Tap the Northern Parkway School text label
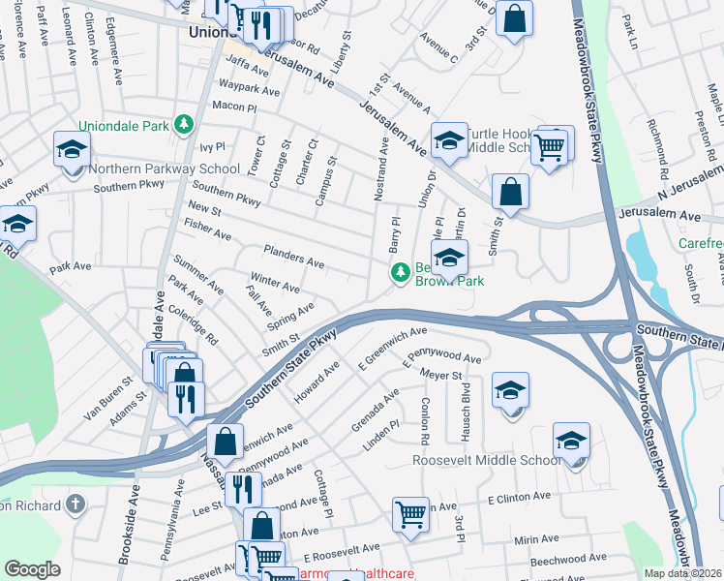point(164,168)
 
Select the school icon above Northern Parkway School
point(72,150)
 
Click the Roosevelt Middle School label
point(486,460)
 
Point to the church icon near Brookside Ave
point(75,505)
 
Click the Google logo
point(33,569)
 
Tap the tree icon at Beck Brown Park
point(398,274)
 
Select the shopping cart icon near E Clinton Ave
point(411,513)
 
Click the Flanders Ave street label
point(293,261)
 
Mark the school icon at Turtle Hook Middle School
point(448,141)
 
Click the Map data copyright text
point(682,572)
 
